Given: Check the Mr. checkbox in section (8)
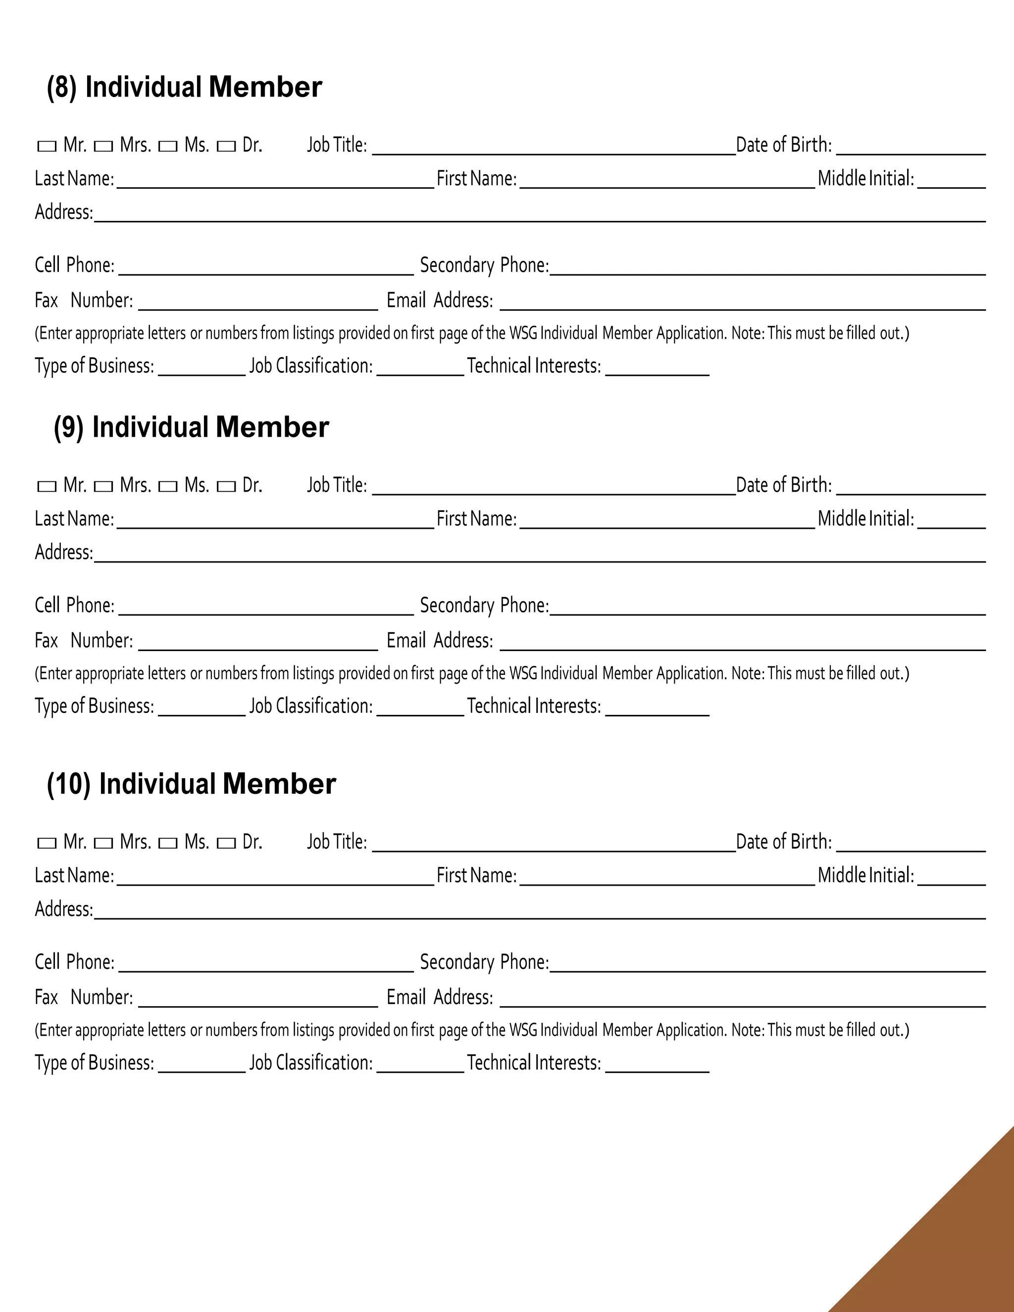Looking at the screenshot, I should pos(47,146).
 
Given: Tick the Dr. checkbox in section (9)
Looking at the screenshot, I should pos(226,487).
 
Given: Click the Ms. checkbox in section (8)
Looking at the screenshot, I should pos(168,146).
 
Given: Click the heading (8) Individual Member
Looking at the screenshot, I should pos(184,87).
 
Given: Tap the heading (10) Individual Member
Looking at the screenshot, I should pos(191,784).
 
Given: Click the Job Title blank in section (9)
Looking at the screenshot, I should pos(553,487).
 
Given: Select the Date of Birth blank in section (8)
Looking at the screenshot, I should pos(910,147).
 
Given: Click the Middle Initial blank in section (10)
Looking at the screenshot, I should pos(951,877).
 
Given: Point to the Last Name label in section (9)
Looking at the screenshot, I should pos(74,518).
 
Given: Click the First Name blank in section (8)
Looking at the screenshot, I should pos(667,180).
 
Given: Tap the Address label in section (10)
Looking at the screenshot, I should pos(64,909).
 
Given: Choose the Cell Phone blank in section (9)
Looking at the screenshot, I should pos(265,607).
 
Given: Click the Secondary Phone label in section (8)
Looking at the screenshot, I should pos(484,265).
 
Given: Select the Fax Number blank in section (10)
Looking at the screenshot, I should pos(257,999).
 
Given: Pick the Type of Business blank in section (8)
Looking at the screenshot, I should pos(202,368).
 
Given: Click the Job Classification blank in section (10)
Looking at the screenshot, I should pos(420,1064).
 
